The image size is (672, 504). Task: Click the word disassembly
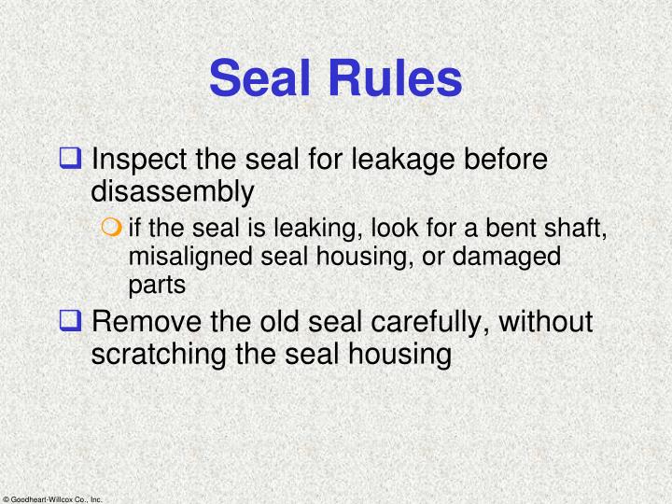point(172,191)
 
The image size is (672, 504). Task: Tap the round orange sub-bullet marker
point(116,228)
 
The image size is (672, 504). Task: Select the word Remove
point(145,322)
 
